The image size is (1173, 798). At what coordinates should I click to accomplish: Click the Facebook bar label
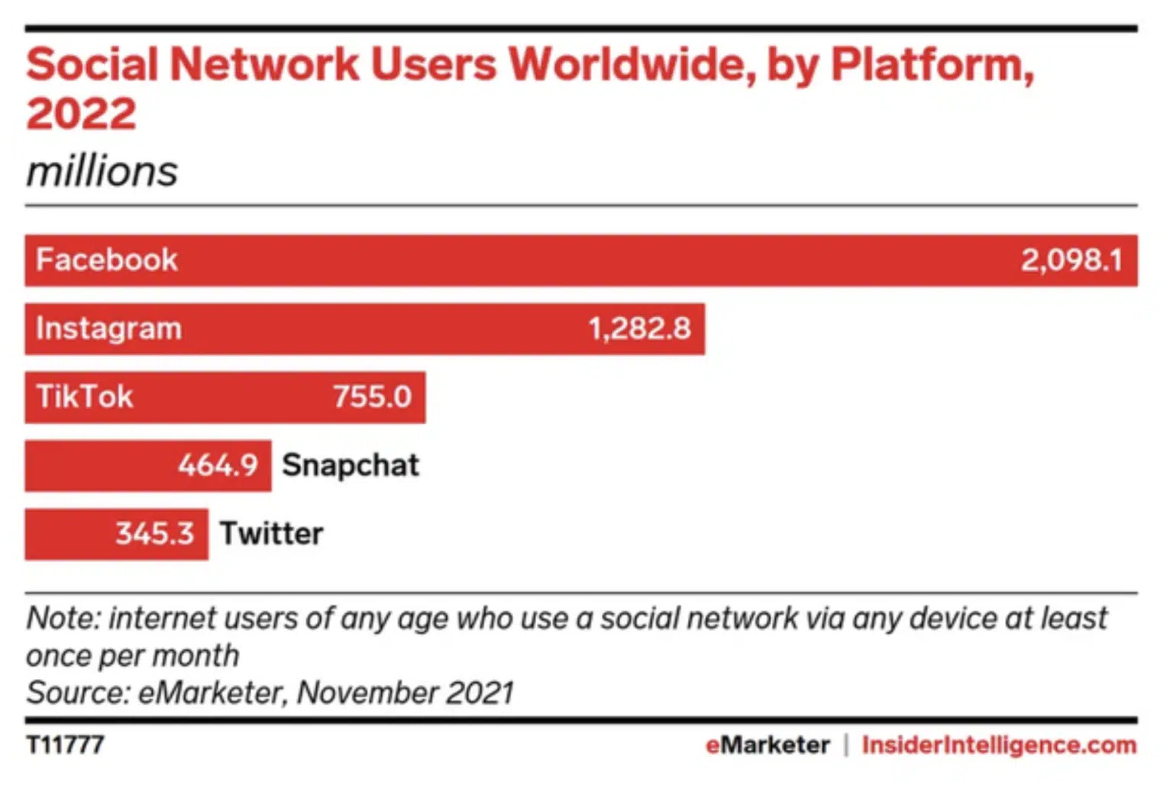point(107,260)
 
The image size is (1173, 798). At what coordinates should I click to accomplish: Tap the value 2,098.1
point(1071,260)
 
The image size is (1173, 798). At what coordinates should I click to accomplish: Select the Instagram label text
point(109,329)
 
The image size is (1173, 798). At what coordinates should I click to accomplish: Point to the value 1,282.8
point(639,329)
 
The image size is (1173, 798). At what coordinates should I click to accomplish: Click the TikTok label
point(85,397)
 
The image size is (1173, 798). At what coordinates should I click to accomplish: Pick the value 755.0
point(372,397)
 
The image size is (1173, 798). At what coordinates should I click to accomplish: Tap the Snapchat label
point(351,465)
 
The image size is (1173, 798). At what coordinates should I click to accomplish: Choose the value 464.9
point(218,465)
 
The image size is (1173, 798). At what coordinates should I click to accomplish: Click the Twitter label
point(272,533)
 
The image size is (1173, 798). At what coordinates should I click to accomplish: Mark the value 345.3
point(154,533)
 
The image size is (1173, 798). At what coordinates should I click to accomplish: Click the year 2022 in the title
point(81,114)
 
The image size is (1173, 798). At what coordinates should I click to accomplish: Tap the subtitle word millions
point(102,171)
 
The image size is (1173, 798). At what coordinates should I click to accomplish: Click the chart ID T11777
point(65,745)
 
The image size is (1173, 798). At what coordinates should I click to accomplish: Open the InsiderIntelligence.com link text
point(999,745)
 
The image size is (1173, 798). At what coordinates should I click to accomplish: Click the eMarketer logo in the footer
point(767,745)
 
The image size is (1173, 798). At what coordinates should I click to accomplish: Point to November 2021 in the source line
point(405,693)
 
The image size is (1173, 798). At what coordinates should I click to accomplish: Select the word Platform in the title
point(931,64)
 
